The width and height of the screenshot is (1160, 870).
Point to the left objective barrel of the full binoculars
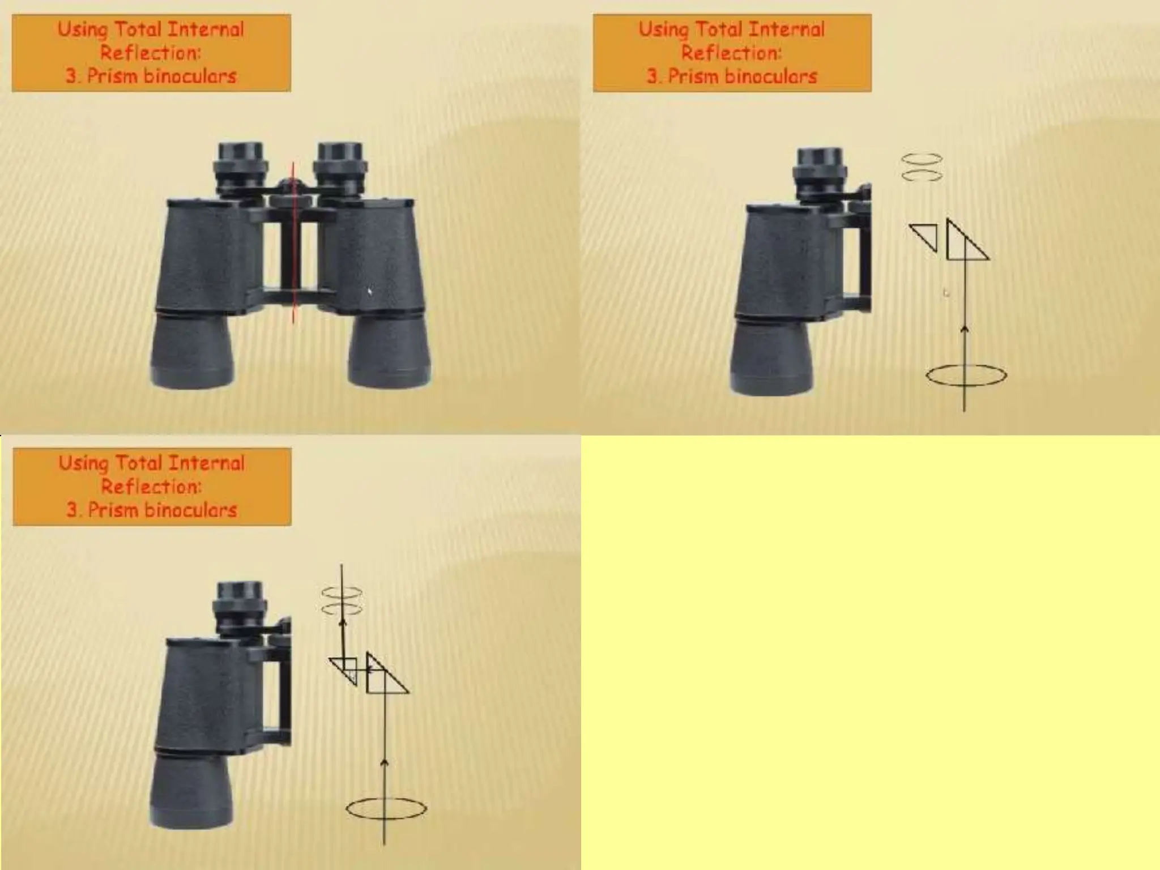click(x=193, y=351)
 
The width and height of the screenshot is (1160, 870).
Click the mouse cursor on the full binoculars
click(x=370, y=291)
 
